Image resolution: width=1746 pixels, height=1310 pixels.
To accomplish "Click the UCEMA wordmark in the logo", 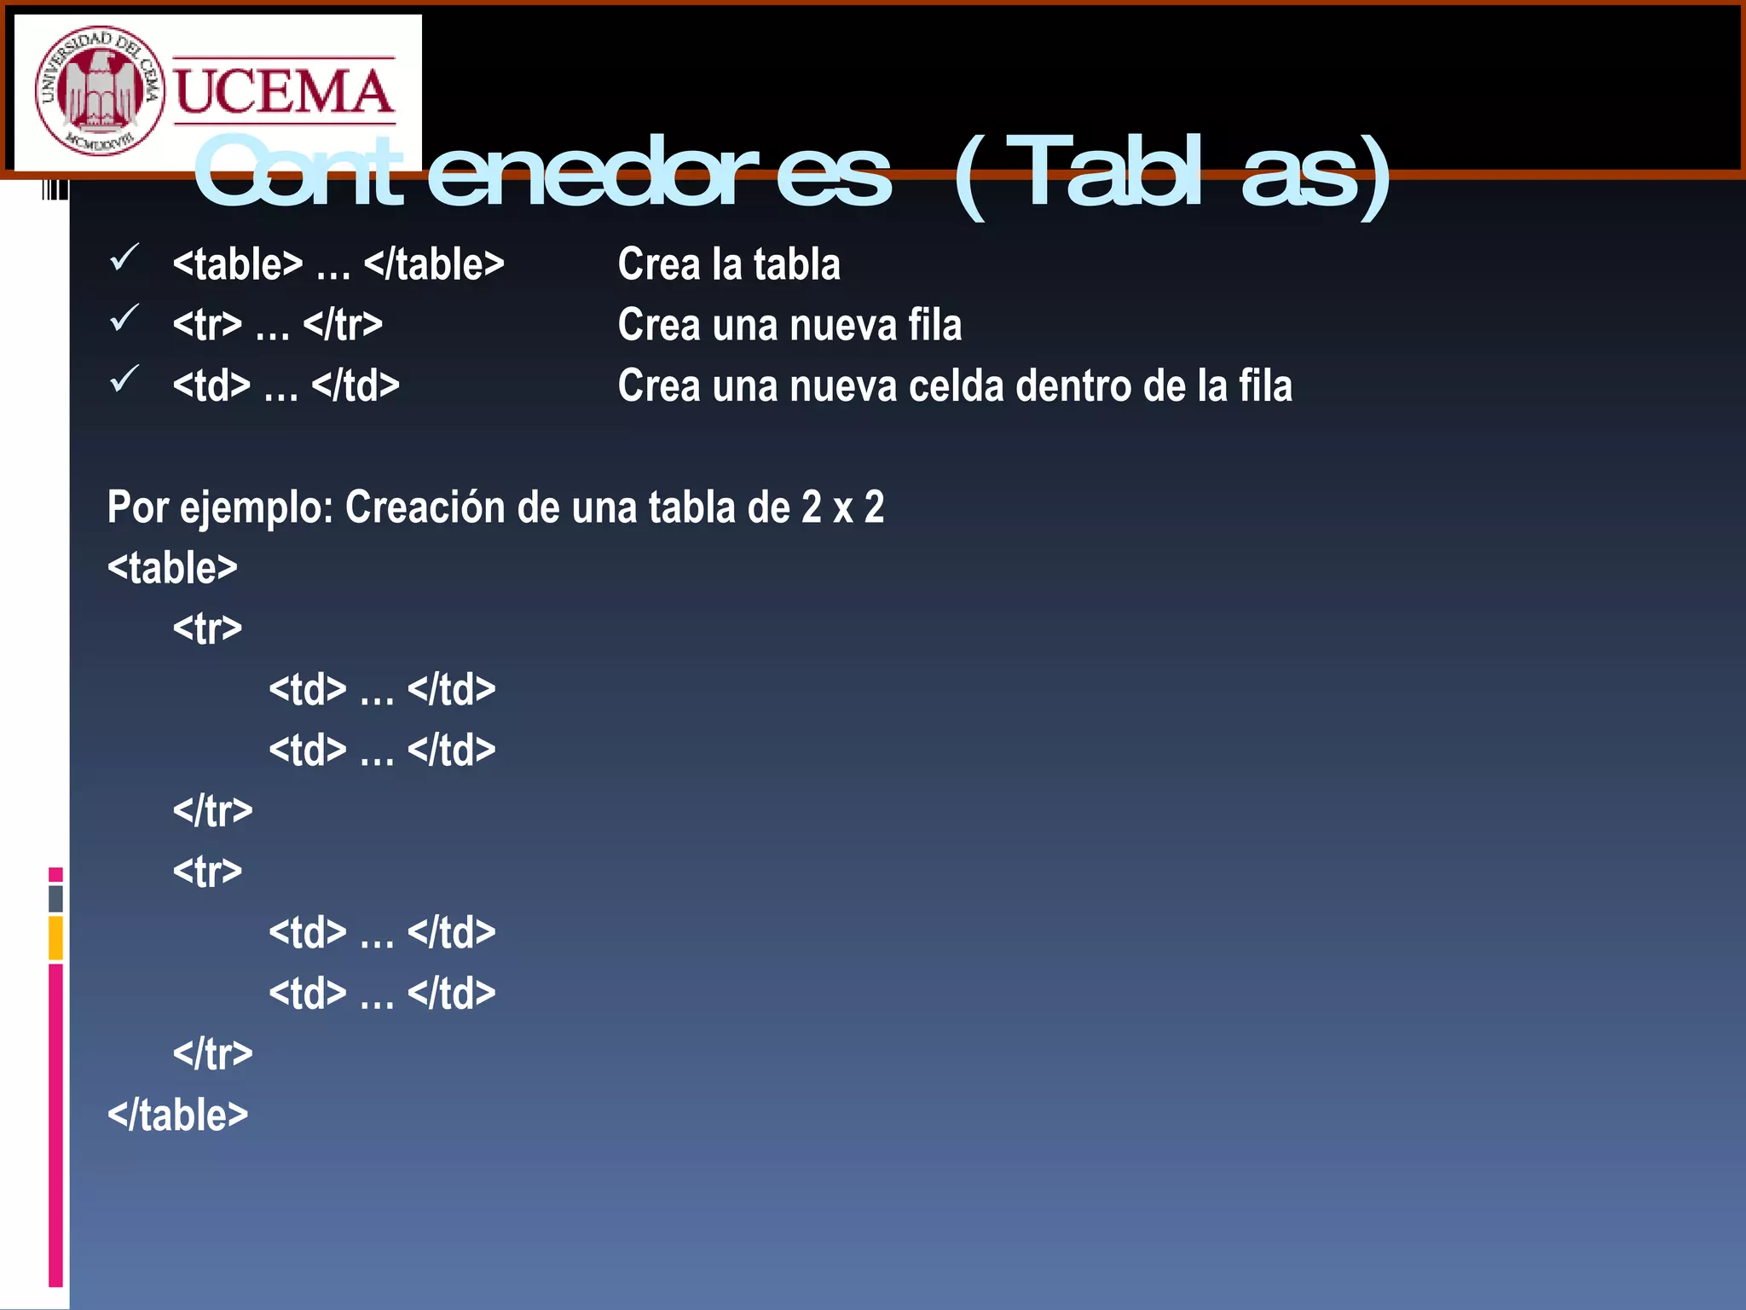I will pos(284,92).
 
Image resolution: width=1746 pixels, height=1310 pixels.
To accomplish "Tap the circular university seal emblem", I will pos(99,90).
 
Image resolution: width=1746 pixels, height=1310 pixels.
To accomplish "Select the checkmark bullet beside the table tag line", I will pos(124,258).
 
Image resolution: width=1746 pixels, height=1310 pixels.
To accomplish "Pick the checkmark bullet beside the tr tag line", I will pos(124,318).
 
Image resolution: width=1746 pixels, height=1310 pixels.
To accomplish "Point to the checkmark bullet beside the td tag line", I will pos(124,379).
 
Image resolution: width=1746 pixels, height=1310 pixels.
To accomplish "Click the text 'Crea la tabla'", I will pos(729,264).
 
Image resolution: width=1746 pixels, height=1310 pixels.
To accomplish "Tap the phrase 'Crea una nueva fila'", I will pos(789,325).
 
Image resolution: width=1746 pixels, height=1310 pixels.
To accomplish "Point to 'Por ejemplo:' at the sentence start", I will pos(220,507).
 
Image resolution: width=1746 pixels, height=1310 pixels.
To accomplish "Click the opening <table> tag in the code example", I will pos(172,568).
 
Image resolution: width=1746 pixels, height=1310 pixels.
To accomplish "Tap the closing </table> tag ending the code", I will pos(177,1115).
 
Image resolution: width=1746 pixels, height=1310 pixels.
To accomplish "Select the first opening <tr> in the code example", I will pos(207,629).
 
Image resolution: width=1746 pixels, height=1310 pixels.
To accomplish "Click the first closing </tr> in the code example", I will pos(212,810).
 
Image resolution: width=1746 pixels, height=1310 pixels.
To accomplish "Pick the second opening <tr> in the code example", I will pos(207,872).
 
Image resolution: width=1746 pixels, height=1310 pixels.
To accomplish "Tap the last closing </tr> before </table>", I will pos(212,1054).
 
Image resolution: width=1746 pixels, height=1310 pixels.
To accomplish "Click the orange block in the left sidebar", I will pos(55,938).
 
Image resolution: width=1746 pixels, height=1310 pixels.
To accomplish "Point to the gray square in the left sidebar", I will pos(55,898).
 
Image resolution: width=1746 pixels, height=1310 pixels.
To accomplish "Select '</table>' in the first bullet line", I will pos(434,264).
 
